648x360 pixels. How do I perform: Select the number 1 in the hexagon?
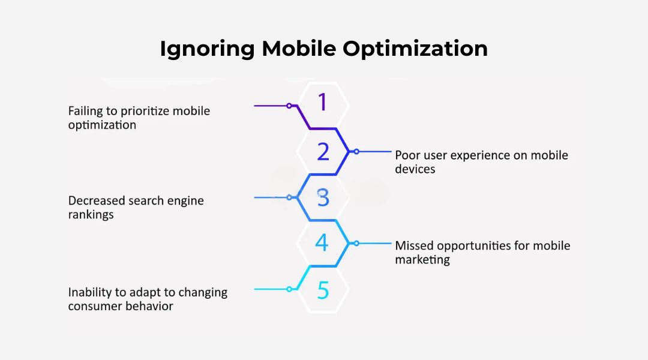pyautogui.click(x=323, y=103)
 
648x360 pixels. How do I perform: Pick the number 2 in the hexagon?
pyautogui.click(x=323, y=152)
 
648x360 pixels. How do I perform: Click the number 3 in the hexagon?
pyautogui.click(x=323, y=197)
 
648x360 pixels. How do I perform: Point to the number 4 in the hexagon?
pyautogui.click(x=322, y=244)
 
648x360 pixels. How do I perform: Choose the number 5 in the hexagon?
pyautogui.click(x=323, y=290)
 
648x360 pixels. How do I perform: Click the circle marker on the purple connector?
pyautogui.click(x=289, y=106)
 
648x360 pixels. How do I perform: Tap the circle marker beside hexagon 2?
pyautogui.click(x=356, y=152)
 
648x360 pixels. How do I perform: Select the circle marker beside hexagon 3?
pyautogui.click(x=289, y=197)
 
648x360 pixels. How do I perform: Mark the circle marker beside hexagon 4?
pyautogui.click(x=356, y=244)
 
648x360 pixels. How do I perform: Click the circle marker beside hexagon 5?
pyautogui.click(x=289, y=289)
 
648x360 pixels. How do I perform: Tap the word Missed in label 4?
pyautogui.click(x=414, y=246)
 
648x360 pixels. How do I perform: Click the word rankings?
pyautogui.click(x=91, y=215)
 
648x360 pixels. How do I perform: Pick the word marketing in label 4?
pyautogui.click(x=422, y=260)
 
